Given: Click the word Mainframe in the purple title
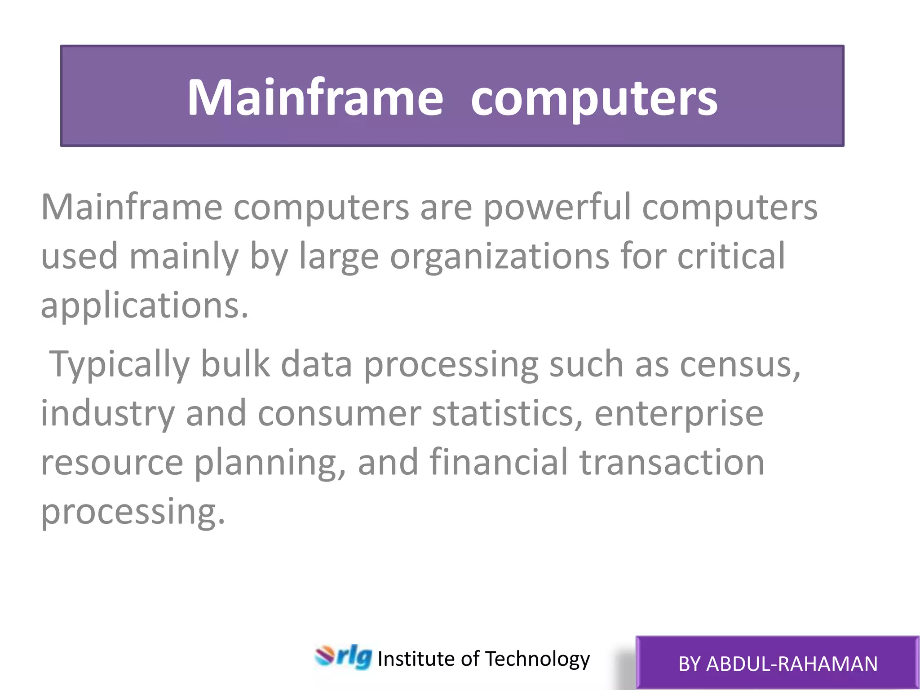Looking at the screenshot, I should [315, 97].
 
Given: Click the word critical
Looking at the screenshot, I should [731, 256].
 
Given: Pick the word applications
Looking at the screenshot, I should [144, 305].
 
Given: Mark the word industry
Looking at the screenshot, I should [108, 414].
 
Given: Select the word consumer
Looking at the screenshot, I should [339, 414].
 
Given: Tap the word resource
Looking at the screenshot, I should [112, 463].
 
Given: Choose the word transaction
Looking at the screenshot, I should [672, 463].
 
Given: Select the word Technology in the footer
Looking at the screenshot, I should [537, 659].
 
